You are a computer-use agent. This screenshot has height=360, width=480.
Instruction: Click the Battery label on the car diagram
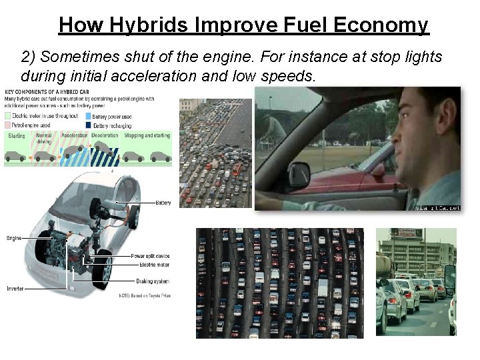point(163,203)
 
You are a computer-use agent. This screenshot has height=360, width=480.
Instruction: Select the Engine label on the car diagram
point(14,238)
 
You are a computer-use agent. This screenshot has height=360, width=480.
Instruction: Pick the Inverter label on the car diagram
point(15,289)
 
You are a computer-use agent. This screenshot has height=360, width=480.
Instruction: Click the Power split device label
point(150,256)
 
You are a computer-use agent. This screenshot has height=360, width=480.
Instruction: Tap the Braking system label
point(153,281)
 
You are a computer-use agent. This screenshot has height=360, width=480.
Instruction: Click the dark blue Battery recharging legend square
point(90,124)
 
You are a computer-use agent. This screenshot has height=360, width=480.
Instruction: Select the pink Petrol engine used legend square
point(7,124)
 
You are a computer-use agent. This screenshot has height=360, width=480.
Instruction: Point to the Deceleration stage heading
point(105,135)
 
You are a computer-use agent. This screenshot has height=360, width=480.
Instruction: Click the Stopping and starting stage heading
point(147,135)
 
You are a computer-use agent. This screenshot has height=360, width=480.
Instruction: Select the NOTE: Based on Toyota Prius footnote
point(145,295)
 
